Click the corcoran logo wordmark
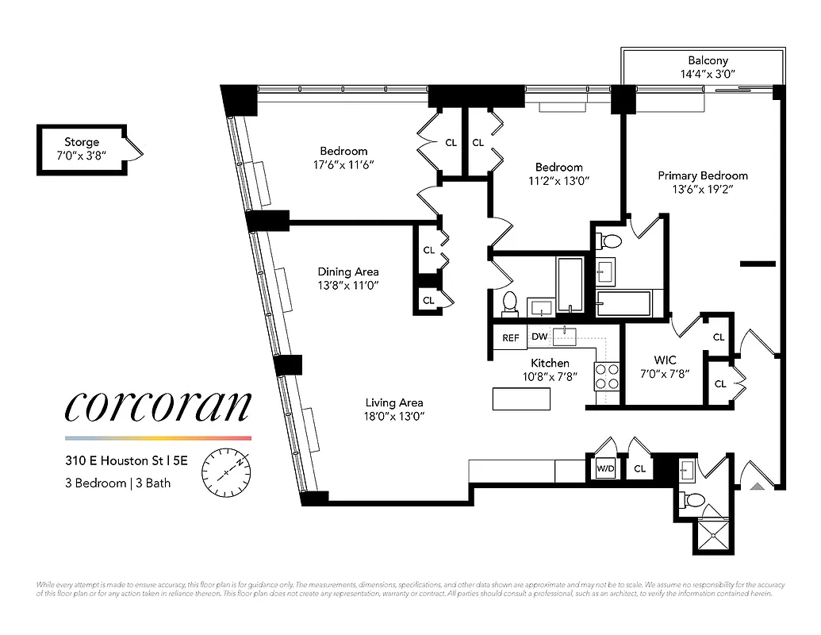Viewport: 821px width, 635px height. (x=157, y=406)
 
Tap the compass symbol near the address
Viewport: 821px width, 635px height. (x=227, y=471)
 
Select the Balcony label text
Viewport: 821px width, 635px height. (x=707, y=60)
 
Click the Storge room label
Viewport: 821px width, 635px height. (x=82, y=142)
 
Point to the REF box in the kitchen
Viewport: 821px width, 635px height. (x=511, y=338)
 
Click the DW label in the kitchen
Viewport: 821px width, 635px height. (x=539, y=337)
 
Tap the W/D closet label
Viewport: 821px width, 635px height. (x=605, y=469)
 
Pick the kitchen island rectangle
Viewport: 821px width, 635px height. (x=521, y=398)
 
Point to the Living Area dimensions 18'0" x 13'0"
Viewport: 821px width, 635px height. (x=394, y=417)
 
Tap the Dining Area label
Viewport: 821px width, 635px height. (x=348, y=271)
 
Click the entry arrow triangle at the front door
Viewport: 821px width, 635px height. (x=757, y=486)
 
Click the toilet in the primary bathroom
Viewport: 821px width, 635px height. (x=610, y=240)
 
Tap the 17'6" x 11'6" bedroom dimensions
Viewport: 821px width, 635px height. (x=343, y=165)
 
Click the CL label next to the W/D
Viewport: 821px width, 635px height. (x=640, y=469)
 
